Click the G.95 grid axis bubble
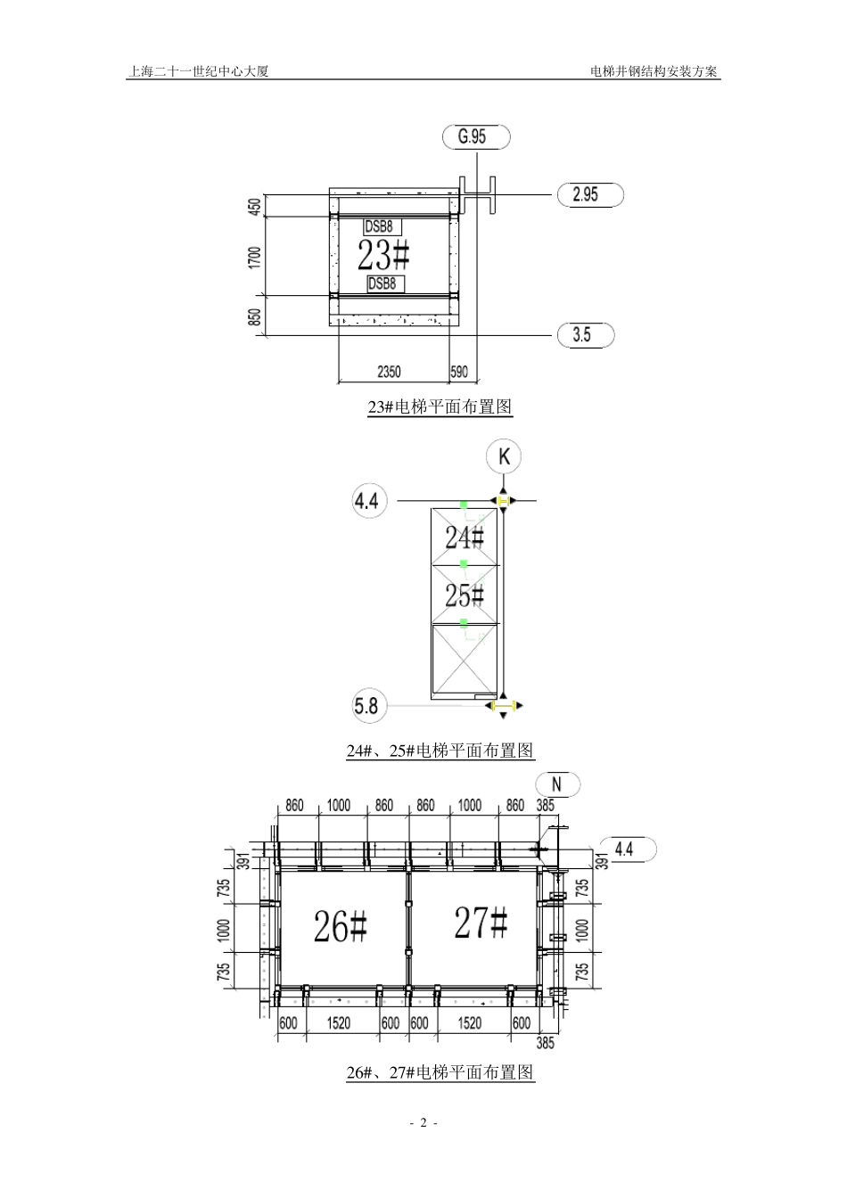tap(476, 137)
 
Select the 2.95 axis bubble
tap(590, 194)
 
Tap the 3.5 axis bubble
tap(586, 335)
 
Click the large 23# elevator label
tap(383, 255)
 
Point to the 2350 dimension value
tap(389, 372)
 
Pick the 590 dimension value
tap(459, 372)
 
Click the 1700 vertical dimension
tap(255, 258)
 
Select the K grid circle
tap(504, 456)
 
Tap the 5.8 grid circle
tap(369, 706)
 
